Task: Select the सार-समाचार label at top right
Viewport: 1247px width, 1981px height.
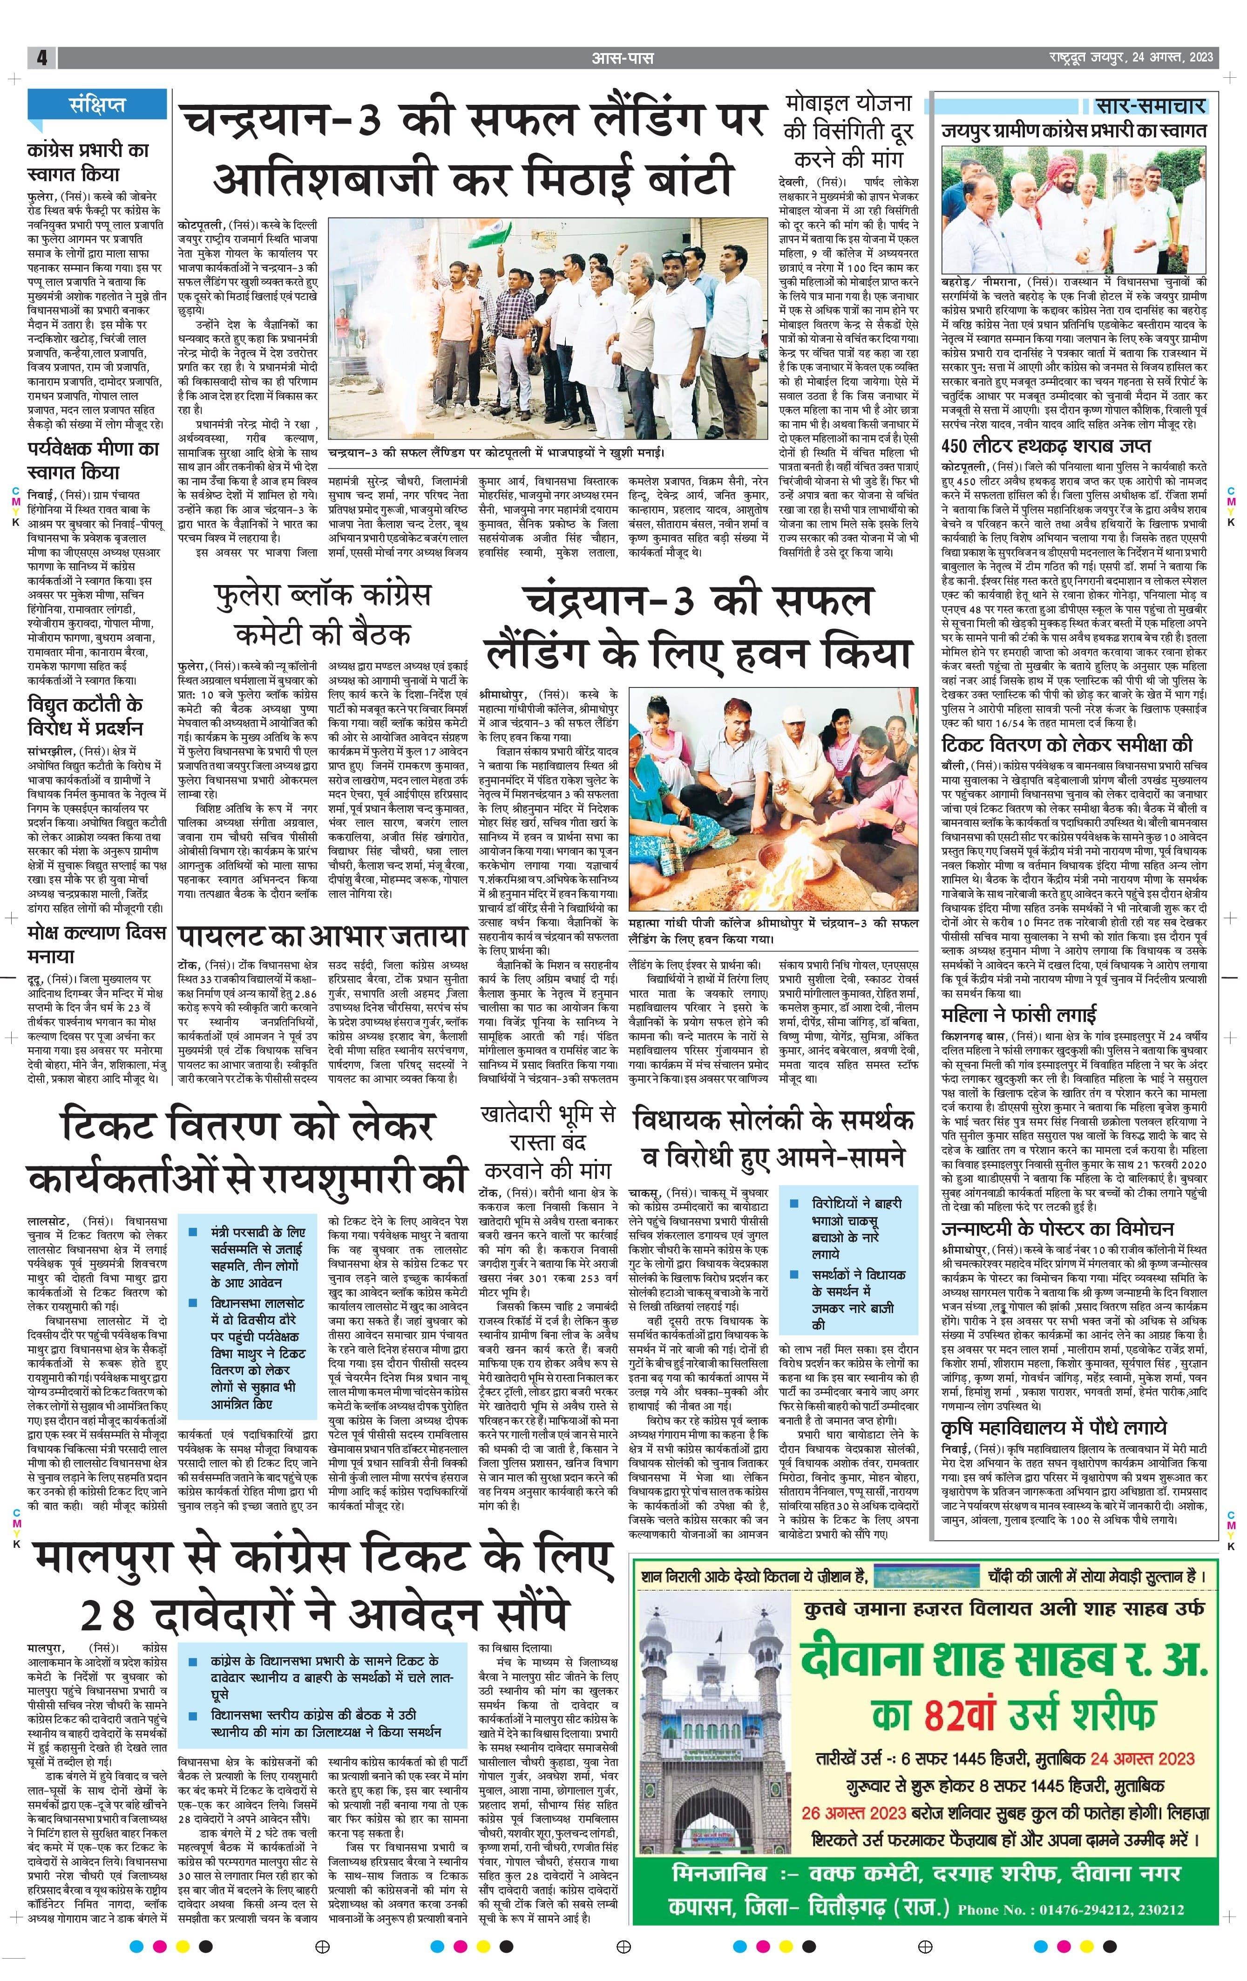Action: (x=1151, y=105)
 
